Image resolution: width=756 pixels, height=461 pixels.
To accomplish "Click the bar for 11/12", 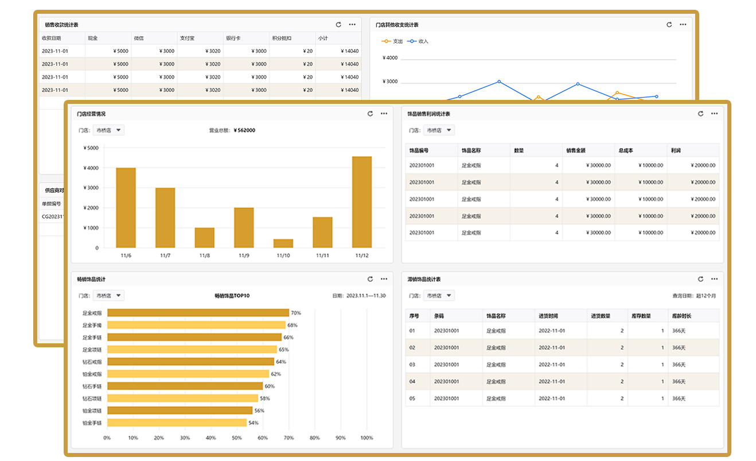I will [361, 202].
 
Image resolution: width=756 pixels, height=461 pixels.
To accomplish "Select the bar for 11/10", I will [283, 243].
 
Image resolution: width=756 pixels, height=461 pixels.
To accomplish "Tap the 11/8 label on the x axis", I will [204, 255].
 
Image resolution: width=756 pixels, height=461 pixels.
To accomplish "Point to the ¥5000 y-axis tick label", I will [91, 148].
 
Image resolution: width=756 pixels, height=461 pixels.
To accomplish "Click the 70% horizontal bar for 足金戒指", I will [198, 313].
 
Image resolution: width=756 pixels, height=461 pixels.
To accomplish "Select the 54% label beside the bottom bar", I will [253, 423].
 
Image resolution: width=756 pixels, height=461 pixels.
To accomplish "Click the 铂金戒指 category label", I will [92, 374].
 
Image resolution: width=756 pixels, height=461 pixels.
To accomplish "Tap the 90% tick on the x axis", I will [340, 438].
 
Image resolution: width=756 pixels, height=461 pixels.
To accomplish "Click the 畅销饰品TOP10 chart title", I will [232, 296].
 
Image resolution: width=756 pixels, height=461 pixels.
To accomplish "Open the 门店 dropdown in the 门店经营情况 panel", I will [108, 130].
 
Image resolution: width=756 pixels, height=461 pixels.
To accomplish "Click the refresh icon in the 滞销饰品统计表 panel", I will [700, 279].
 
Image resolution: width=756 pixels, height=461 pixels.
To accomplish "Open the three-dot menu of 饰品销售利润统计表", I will [714, 114].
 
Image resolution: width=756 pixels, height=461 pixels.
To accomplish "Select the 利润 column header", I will [676, 150].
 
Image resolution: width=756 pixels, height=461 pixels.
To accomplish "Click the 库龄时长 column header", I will [681, 316].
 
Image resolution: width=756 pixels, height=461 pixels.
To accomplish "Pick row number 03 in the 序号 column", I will [412, 365].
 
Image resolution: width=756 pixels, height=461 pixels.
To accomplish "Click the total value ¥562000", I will [244, 130].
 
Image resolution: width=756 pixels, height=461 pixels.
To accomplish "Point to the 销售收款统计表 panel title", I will [61, 25].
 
